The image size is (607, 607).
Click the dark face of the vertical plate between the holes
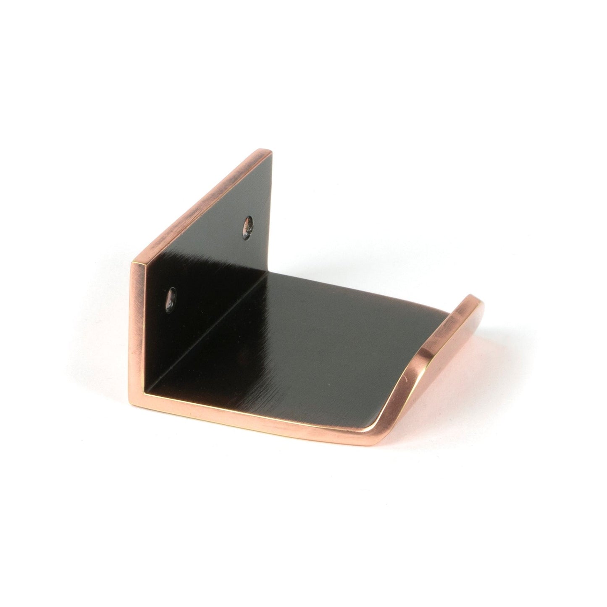point(210,260)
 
